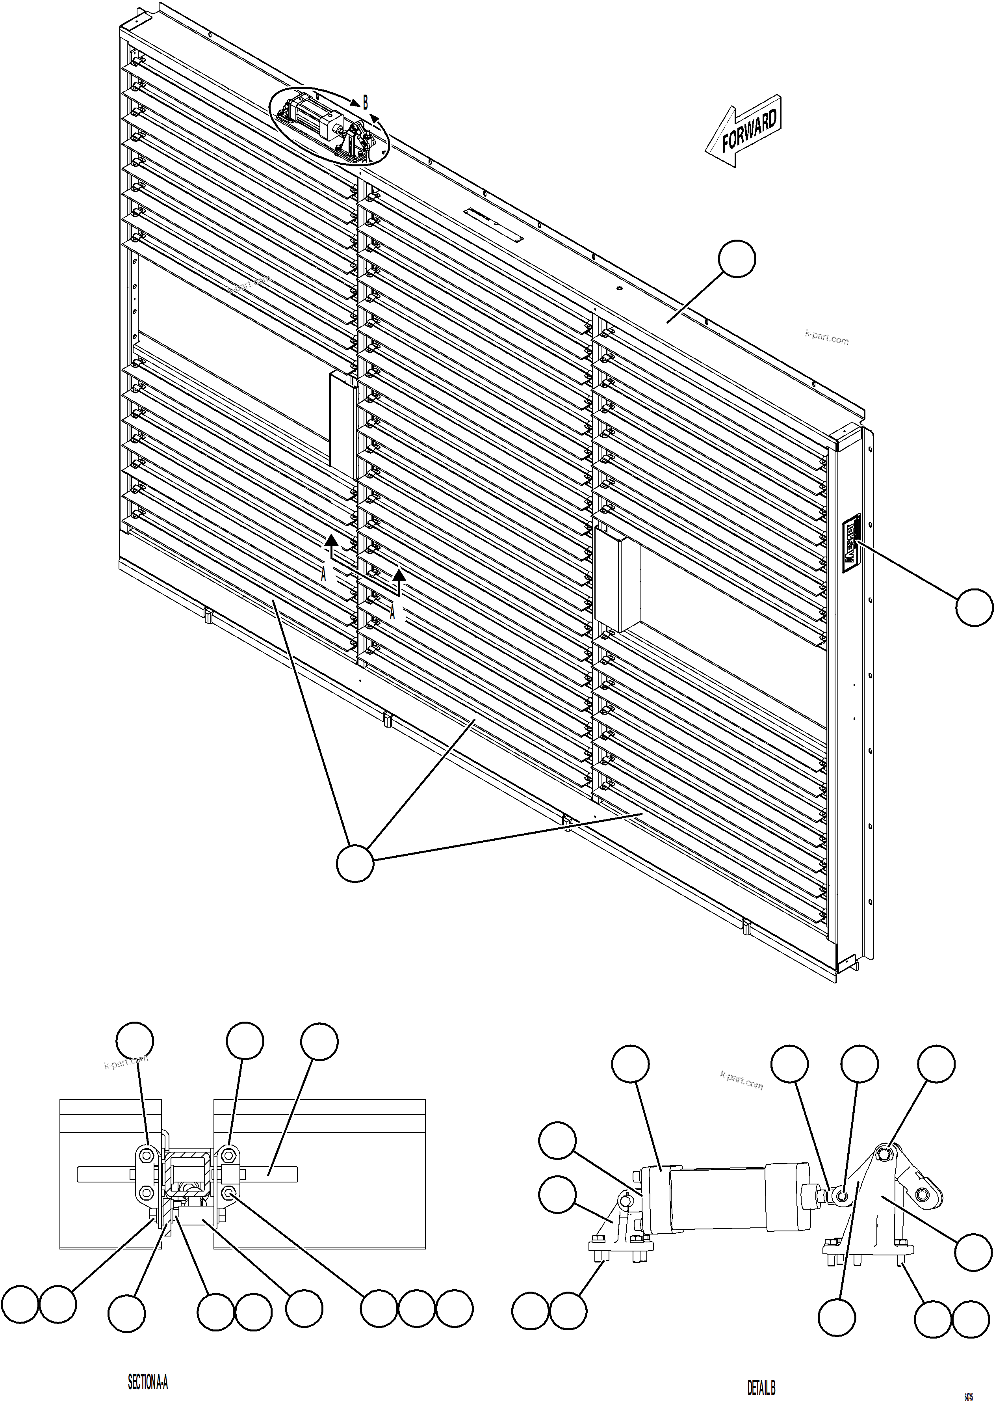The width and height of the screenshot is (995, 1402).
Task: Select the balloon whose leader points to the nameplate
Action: pyautogui.click(x=974, y=607)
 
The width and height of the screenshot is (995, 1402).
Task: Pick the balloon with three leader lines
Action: pyautogui.click(x=355, y=863)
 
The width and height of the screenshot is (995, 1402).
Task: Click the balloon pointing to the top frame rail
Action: pyautogui.click(x=737, y=259)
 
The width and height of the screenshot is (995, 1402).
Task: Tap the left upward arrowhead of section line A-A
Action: pyautogui.click(x=331, y=540)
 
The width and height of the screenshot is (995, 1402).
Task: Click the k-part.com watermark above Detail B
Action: pyautogui.click(x=741, y=1080)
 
